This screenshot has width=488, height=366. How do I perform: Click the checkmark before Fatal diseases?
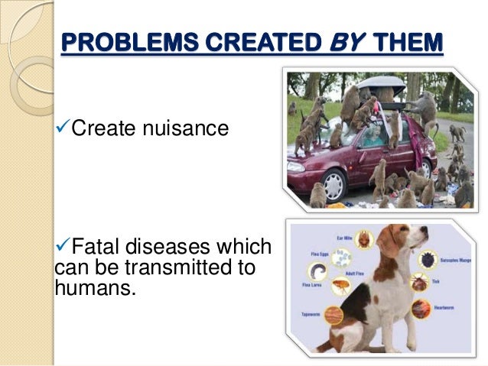pos(63,248)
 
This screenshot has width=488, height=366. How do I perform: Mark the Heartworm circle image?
pos(421,309)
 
